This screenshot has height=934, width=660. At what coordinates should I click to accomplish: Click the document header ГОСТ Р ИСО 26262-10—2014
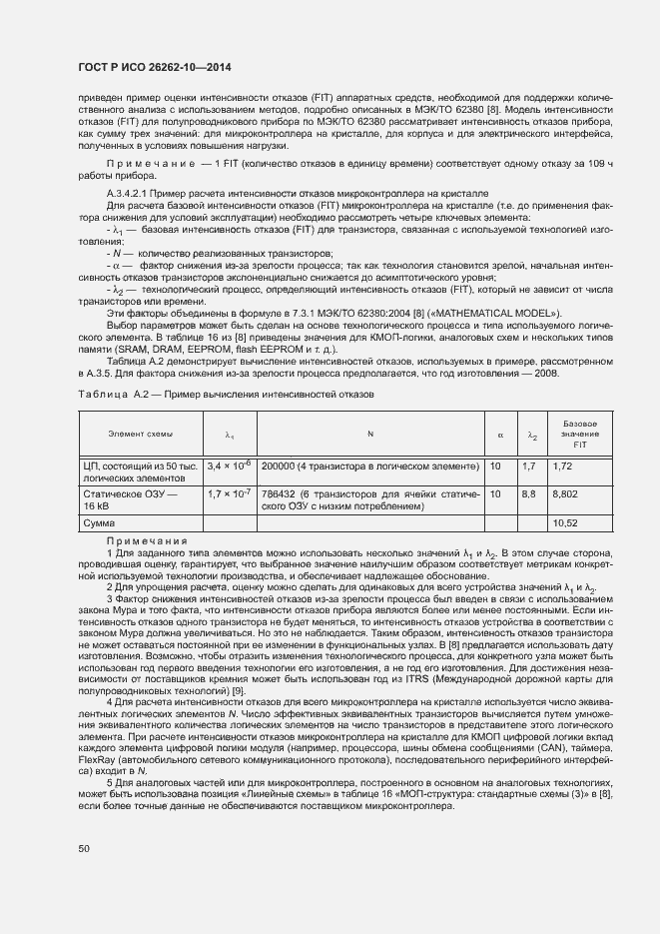tap(155, 68)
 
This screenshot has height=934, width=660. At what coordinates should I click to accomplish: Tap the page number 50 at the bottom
tap(84, 849)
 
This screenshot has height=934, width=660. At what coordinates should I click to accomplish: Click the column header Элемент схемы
tap(140, 434)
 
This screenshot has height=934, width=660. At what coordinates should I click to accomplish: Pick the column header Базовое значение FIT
tap(579, 435)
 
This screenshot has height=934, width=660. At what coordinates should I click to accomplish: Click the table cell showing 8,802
tap(565, 493)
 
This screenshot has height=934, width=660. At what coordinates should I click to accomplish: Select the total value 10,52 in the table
tap(565, 522)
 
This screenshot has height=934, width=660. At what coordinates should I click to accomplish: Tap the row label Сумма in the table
tap(99, 522)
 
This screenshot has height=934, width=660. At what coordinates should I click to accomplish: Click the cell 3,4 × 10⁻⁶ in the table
tap(229, 466)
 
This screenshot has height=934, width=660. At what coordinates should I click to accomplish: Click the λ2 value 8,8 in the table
tap(529, 493)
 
